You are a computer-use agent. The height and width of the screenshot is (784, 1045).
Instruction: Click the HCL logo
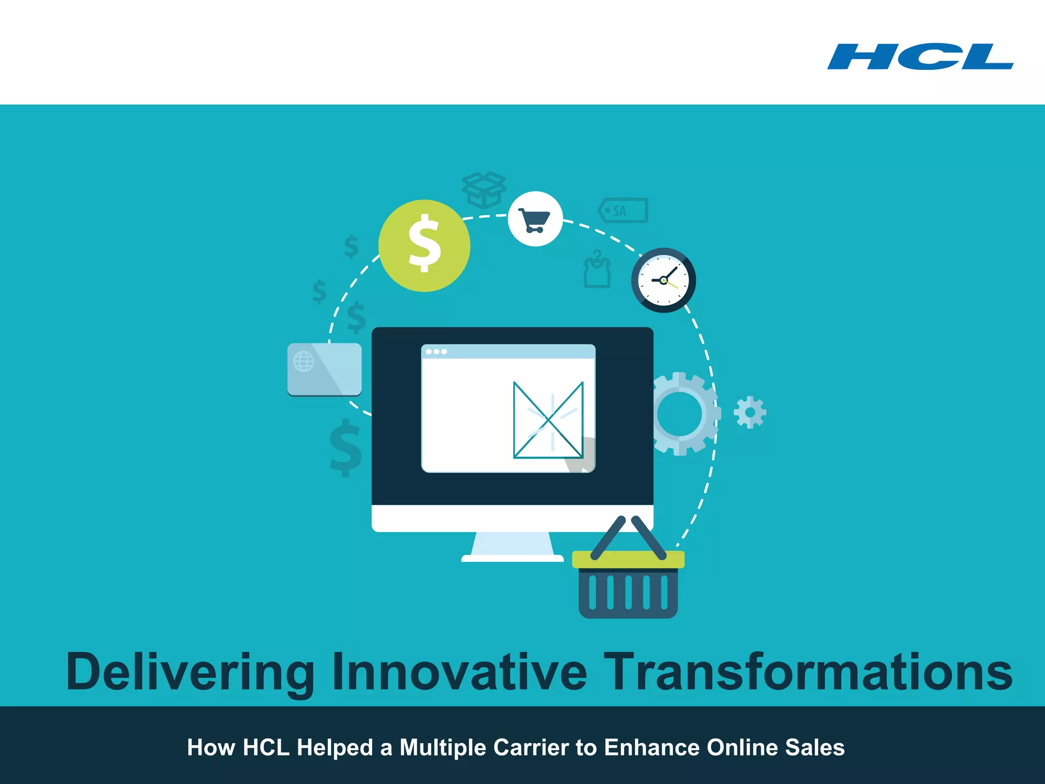[920, 57]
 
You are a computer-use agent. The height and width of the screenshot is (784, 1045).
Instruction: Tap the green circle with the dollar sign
[424, 246]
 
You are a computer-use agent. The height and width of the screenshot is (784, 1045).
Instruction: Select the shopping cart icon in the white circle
[535, 219]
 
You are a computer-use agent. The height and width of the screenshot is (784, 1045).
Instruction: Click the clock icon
[663, 280]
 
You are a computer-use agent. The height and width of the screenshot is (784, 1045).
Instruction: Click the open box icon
[484, 189]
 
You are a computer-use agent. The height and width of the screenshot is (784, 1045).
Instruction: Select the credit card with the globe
[325, 369]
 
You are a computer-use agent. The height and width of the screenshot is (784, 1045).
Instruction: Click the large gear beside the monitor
[682, 413]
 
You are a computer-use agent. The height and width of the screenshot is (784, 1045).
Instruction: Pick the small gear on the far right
[750, 412]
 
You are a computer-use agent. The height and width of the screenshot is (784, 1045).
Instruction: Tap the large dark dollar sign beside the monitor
[346, 448]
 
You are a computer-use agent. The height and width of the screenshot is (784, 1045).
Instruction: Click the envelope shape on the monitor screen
[548, 420]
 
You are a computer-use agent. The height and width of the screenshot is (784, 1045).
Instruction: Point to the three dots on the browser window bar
[436, 352]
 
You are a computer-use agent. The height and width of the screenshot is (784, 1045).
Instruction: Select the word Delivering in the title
[190, 672]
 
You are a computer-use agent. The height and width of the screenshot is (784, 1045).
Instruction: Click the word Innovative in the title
[459, 672]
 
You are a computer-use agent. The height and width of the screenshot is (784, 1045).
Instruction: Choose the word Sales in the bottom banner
[814, 748]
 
